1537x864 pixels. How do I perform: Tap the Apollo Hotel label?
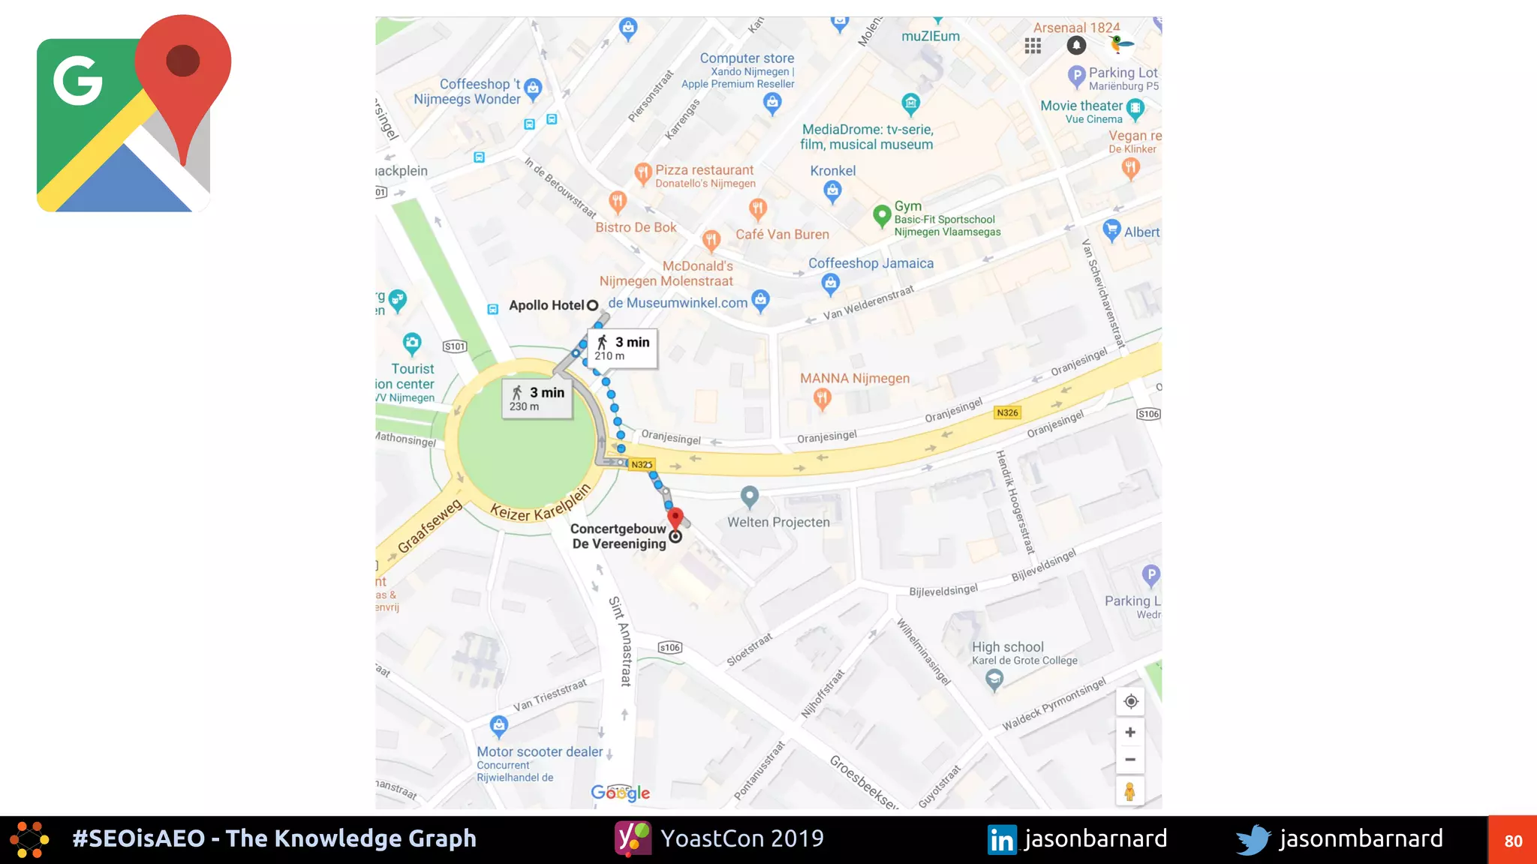pyautogui.click(x=546, y=305)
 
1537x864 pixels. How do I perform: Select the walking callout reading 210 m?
pyautogui.click(x=623, y=348)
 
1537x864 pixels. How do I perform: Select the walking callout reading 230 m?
pyautogui.click(x=537, y=398)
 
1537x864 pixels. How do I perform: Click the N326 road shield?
pyautogui.click(x=1007, y=412)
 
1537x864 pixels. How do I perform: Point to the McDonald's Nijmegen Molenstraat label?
pyautogui.click(x=666, y=274)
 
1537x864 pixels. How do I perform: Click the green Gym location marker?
pyautogui.click(x=882, y=216)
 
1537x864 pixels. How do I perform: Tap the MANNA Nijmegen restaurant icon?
pyautogui.click(x=823, y=398)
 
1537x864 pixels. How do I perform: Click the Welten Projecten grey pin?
pyautogui.click(x=749, y=496)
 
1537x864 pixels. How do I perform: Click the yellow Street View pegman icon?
pyautogui.click(x=1129, y=790)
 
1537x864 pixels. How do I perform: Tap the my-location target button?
pyautogui.click(x=1130, y=702)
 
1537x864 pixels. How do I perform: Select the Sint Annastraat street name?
pyautogui.click(x=621, y=641)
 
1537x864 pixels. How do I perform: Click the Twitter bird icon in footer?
pyautogui.click(x=1253, y=839)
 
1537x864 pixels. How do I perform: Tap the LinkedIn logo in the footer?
pyautogui.click(x=1002, y=839)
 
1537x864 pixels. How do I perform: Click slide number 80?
pyautogui.click(x=1512, y=841)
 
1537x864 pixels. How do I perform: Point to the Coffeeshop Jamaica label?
pyautogui.click(x=871, y=263)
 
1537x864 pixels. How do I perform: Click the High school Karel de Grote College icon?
pyautogui.click(x=994, y=679)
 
